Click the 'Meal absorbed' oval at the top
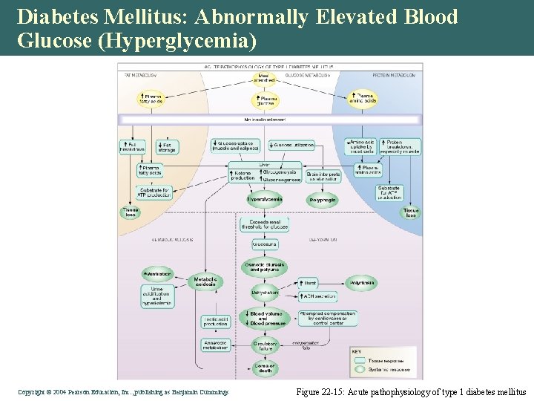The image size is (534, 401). (x=264, y=77)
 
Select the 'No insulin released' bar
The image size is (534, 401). (x=270, y=119)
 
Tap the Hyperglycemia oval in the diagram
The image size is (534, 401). (x=265, y=199)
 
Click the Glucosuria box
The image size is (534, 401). (x=265, y=244)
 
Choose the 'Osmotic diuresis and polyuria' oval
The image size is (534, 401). (x=265, y=268)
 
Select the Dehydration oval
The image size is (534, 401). (x=265, y=293)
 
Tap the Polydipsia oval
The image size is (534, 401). (x=363, y=283)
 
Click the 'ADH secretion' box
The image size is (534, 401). (x=319, y=296)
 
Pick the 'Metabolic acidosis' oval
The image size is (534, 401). (x=205, y=282)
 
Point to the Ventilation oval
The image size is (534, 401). (x=158, y=274)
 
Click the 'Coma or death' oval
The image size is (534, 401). (x=265, y=368)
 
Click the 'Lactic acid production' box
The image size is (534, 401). (x=216, y=321)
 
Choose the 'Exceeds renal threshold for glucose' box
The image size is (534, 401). (x=265, y=224)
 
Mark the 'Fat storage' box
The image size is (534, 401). (x=167, y=147)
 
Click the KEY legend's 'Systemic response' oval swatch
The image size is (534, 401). (x=361, y=369)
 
